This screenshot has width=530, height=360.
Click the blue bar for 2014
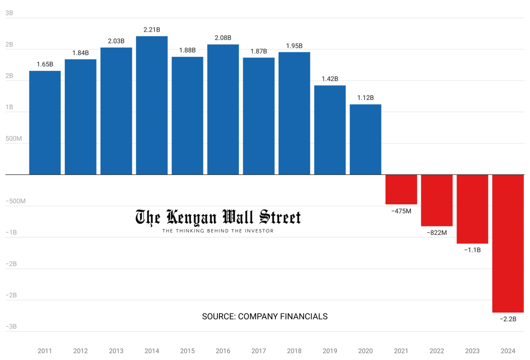(x=152, y=106)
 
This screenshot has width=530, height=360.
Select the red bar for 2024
(x=508, y=243)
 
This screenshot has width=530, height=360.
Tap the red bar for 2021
(x=401, y=189)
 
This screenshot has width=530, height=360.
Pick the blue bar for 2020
(x=365, y=139)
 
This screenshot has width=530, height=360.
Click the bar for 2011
(x=45, y=123)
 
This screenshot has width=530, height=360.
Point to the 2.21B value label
(x=152, y=29)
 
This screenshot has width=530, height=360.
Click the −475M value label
(x=401, y=211)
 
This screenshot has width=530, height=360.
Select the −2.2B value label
(x=508, y=319)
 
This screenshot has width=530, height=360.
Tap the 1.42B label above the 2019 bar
(x=330, y=79)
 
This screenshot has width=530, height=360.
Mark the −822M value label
(x=437, y=233)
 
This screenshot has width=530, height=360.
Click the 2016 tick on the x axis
(x=223, y=351)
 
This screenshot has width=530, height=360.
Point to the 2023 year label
(x=472, y=351)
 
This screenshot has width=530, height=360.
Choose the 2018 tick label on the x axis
(x=294, y=351)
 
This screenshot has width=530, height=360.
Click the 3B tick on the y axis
(x=9, y=13)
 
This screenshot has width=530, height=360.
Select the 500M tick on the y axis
(x=13, y=139)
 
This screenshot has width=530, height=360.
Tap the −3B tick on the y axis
(x=11, y=326)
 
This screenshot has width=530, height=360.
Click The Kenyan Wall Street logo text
(x=218, y=217)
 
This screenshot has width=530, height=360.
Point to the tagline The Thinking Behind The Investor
(x=218, y=231)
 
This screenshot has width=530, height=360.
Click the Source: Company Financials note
(x=264, y=317)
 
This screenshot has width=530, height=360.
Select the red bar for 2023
(x=472, y=209)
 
